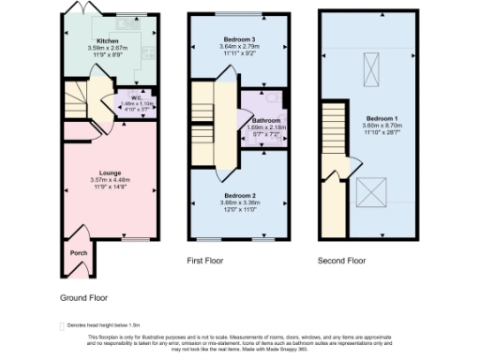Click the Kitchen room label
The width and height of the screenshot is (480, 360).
pyautogui.click(x=108, y=41)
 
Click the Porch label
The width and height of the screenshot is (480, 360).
pyautogui.click(x=79, y=252)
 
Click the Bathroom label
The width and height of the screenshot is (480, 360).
pyautogui.click(x=265, y=120)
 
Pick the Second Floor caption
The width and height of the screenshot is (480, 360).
pyautogui.click(x=340, y=261)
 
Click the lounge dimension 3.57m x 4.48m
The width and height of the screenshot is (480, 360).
pyautogui.click(x=108, y=179)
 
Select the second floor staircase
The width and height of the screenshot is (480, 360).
pyautogui.click(x=335, y=137)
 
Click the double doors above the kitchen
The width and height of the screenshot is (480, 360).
pyautogui.click(x=79, y=8)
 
